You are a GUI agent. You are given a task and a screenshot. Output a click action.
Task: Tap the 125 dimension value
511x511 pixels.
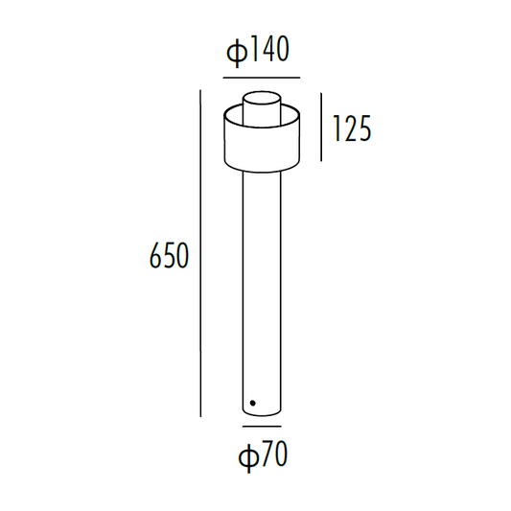point(351,128)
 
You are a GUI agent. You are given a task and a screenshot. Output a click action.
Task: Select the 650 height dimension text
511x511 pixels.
point(170,256)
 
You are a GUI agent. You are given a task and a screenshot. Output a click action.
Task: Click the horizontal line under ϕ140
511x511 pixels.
point(262,77)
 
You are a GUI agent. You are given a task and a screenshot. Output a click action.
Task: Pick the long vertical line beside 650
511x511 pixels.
point(200,253)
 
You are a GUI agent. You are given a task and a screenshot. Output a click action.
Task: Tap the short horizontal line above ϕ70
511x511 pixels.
point(262,423)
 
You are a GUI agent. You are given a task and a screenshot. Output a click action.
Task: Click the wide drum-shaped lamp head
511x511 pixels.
point(262,139)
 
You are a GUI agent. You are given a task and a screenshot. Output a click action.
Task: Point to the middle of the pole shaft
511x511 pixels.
point(262,288)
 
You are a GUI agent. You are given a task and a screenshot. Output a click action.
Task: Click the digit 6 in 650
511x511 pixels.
point(155,256)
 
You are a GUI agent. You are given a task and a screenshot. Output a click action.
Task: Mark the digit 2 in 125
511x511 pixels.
point(351,128)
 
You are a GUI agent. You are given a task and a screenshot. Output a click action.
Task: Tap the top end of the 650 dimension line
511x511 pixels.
point(200,91)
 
